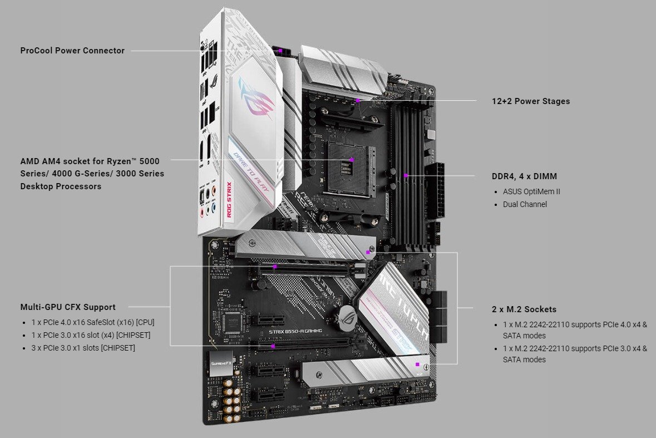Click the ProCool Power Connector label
coord(72,51)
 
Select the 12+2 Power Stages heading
coord(531,101)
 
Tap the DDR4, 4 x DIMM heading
coord(524,176)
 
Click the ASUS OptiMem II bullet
coord(531,191)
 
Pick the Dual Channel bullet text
coord(525,204)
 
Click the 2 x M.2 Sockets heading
coord(524,309)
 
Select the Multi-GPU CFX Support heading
coord(68,307)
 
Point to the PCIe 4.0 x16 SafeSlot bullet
coord(92,322)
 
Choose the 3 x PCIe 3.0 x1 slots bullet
coord(83,348)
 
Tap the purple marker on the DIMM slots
coord(406,175)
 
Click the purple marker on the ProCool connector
coord(281,51)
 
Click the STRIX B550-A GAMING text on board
coord(295,331)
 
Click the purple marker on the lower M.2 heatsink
coord(417,365)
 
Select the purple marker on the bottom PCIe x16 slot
coord(273,346)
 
